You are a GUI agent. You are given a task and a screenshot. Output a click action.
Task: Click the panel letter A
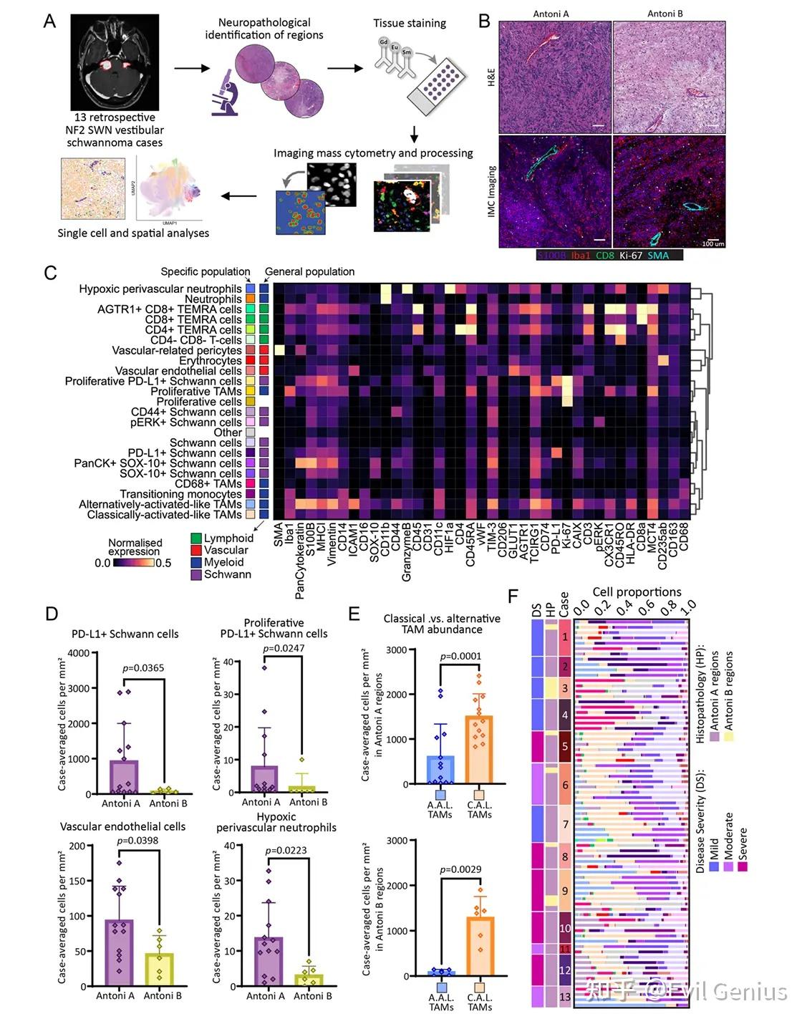[49, 21]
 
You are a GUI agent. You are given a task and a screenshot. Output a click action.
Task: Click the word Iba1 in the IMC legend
[580, 255]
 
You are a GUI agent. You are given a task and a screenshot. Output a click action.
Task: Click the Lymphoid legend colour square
[196, 538]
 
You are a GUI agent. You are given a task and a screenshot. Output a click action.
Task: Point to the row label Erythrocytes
[211, 361]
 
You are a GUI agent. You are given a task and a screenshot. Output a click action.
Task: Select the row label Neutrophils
[213, 299]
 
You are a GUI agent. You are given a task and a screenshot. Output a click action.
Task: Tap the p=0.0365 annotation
[143, 668]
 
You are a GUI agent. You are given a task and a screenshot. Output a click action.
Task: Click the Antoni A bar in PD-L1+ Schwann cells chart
[124, 777]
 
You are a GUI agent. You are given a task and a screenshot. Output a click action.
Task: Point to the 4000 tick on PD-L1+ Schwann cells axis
[79, 653]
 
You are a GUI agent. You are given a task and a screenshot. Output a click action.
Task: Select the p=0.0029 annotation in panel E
[460, 869]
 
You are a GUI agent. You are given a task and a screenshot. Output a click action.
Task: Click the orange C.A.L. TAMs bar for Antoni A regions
[479, 749]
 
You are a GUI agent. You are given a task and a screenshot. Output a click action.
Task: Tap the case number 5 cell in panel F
[565, 746]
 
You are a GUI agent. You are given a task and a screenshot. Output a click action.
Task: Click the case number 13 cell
[565, 997]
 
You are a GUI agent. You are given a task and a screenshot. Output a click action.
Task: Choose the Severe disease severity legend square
[743, 866]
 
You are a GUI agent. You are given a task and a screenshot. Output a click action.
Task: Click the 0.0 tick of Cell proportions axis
[581, 609]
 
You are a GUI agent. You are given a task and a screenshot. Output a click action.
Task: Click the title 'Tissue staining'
[410, 23]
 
